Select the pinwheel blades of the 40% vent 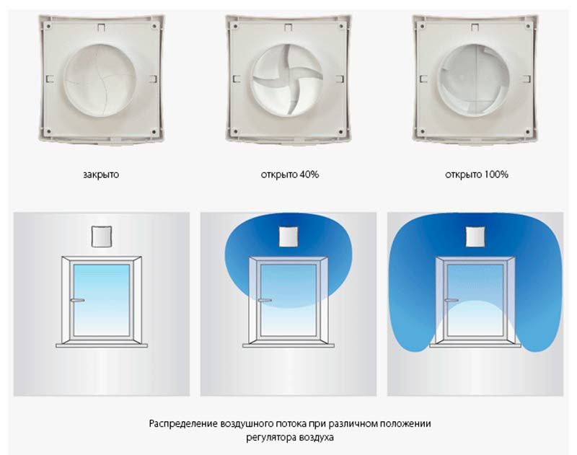[x=288, y=79]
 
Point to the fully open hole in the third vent [x=477, y=77]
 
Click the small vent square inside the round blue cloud [x=288, y=236]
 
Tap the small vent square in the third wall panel [x=476, y=236]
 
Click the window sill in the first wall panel [x=101, y=345]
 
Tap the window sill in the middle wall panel [x=288, y=345]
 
